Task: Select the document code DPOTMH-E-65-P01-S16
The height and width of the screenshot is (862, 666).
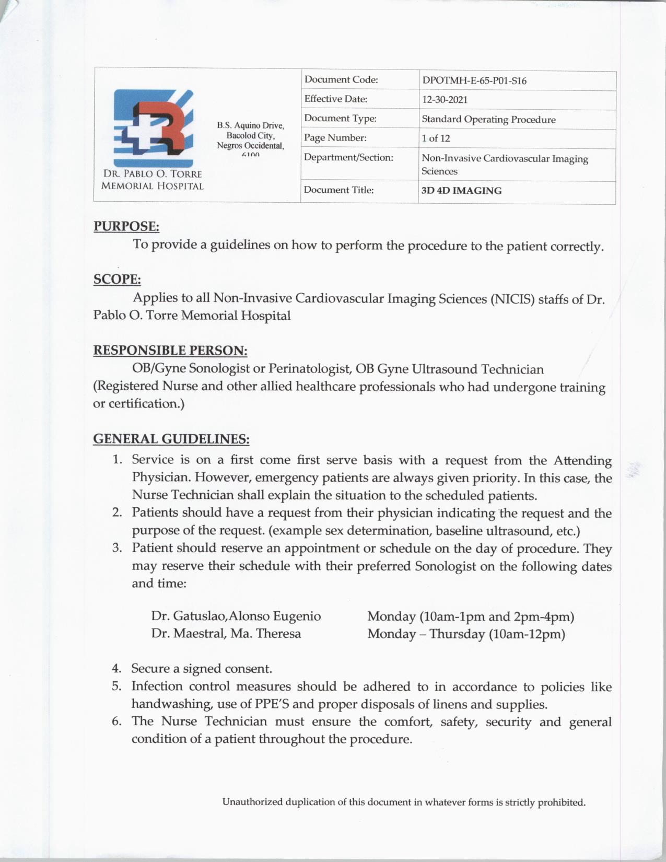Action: click(x=474, y=81)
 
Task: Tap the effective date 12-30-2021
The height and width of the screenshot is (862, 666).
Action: click(x=445, y=100)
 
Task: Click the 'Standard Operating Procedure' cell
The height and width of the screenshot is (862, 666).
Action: click(x=488, y=120)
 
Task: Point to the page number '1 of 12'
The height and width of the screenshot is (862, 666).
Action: click(x=436, y=138)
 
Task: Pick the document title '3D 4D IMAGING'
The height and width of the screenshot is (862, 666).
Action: click(x=461, y=191)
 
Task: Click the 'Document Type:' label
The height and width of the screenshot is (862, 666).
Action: click(x=340, y=119)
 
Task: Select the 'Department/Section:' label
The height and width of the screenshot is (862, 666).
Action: click(x=348, y=157)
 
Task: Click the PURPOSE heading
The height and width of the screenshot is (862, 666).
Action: click(x=126, y=227)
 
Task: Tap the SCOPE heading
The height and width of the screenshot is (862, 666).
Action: click(x=117, y=279)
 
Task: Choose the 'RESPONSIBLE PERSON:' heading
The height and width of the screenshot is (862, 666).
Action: click(x=170, y=350)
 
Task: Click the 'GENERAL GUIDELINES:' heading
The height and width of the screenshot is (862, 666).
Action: click(x=171, y=439)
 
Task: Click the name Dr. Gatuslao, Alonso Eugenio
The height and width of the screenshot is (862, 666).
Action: click(x=236, y=616)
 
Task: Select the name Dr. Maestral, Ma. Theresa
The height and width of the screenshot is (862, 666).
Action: click(x=226, y=634)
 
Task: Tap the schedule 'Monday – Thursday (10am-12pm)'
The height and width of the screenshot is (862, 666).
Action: click(x=466, y=634)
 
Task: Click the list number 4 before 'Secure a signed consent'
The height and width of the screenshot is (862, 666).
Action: click(x=116, y=669)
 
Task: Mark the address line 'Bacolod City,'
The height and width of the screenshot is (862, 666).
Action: click(x=250, y=135)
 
